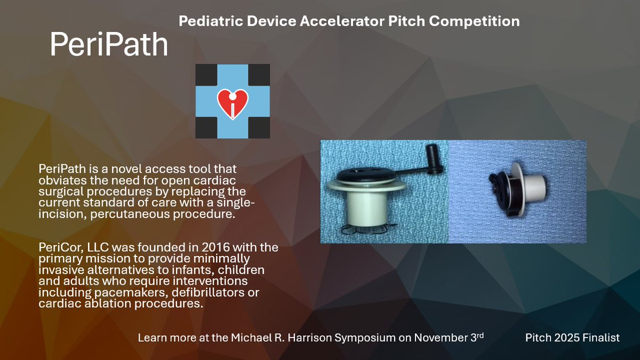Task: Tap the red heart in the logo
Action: tap(233, 101)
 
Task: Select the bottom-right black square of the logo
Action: tap(259, 127)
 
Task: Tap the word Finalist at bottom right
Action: tap(599, 338)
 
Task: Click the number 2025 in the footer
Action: tap(565, 338)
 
